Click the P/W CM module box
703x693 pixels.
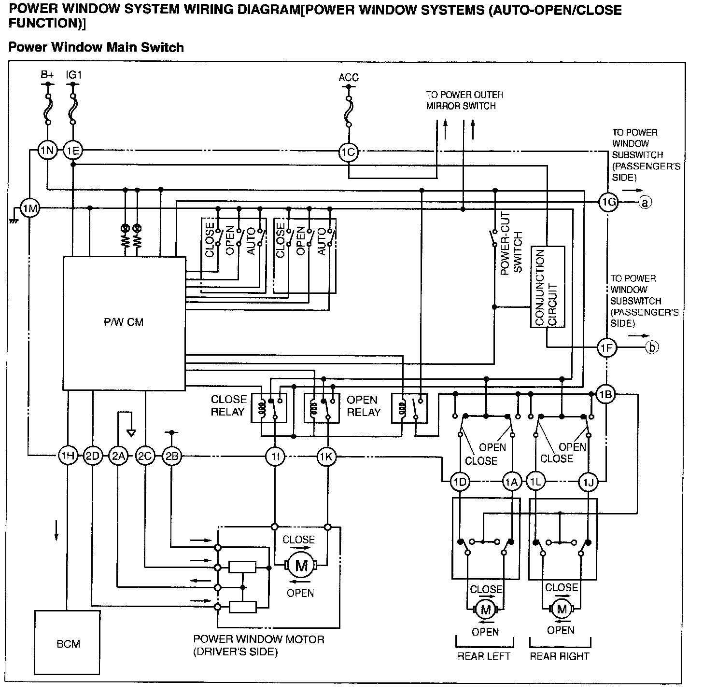(x=125, y=323)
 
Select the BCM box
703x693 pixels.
(x=67, y=643)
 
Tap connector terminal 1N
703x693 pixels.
(x=47, y=150)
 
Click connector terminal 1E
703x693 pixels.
(x=73, y=150)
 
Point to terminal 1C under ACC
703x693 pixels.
(x=349, y=152)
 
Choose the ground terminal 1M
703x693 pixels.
(x=30, y=208)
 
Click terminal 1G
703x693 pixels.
(x=608, y=202)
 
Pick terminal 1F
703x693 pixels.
(x=607, y=347)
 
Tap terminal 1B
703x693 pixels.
(x=605, y=394)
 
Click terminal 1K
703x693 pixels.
(x=326, y=456)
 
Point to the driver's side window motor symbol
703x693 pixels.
(x=301, y=566)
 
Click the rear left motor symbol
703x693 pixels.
(x=486, y=609)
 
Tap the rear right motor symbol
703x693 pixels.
(x=562, y=609)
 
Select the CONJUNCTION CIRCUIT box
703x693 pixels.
(x=548, y=287)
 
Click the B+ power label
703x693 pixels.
(x=47, y=75)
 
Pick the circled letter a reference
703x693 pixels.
(x=645, y=202)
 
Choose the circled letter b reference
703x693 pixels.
(x=652, y=347)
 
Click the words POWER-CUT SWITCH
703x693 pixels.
(x=511, y=243)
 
